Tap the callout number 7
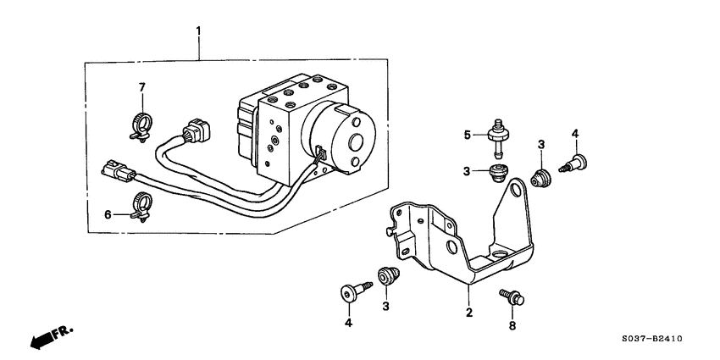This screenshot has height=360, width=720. coord(142,87)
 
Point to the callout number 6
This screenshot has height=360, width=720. coord(108,214)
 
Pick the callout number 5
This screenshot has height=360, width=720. coord(465,134)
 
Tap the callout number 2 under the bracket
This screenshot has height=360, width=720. coord(468,312)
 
